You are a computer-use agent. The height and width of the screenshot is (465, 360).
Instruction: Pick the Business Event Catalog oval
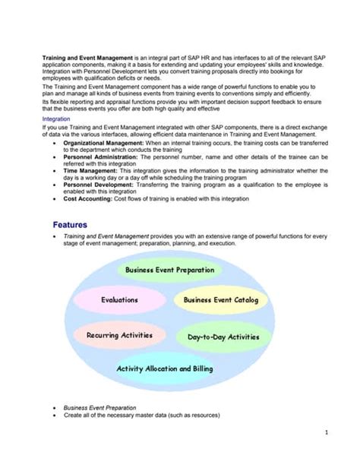221,300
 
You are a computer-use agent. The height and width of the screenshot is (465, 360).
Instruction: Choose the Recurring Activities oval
119,334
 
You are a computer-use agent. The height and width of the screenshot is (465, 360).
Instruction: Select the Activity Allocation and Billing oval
164,369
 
